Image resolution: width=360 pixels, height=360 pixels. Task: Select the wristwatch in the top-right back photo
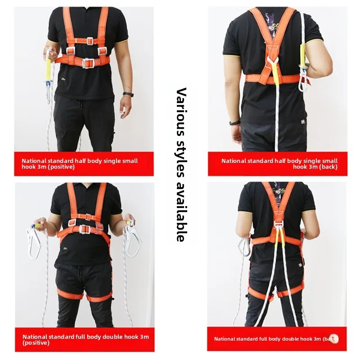point(234,122)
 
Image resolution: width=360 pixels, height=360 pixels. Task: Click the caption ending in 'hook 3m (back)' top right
point(279,164)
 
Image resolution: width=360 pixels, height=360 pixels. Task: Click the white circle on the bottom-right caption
point(335,338)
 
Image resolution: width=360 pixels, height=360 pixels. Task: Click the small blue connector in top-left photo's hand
point(46,84)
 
